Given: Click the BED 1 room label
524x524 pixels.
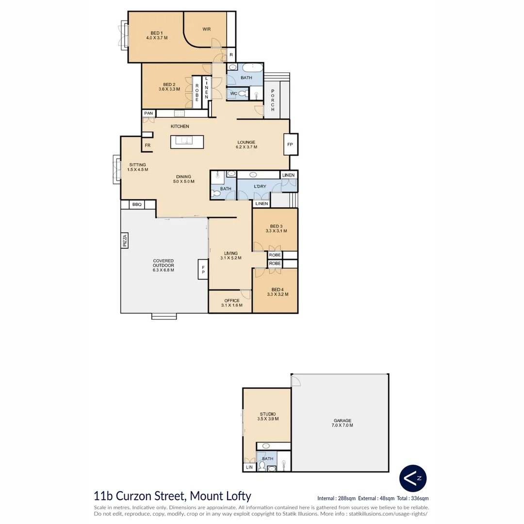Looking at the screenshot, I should coord(156,33).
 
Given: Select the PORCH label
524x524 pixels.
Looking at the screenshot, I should coord(273,100).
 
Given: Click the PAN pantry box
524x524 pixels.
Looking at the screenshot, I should coord(148,113).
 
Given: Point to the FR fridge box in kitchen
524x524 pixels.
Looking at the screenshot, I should coord(147,145).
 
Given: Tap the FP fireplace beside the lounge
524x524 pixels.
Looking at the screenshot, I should coord(290,144).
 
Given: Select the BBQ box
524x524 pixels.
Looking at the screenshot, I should coord(137,205).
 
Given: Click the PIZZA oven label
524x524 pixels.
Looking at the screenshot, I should coord(125,241).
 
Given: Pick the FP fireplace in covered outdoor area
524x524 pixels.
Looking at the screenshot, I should coord(203,269).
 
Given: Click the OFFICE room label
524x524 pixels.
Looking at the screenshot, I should coord(231,301).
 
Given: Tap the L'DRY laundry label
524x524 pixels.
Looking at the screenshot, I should coord(260,186).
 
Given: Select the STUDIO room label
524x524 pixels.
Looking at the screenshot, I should coord(267,414).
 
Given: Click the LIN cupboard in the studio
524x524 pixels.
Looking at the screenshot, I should coord(249,467).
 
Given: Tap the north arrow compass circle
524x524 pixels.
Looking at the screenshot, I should coord(413,478).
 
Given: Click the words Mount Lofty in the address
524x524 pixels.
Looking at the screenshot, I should coord(220,496).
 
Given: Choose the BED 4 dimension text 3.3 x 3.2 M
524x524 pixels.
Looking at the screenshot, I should coord(278,294).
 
